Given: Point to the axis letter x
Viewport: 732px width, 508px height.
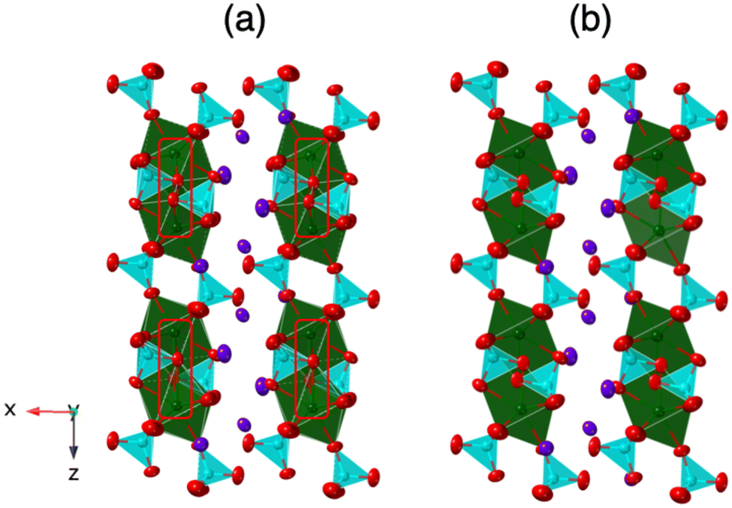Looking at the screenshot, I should pyautogui.click(x=10, y=409).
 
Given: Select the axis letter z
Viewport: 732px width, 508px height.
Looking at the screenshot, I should pyautogui.click(x=74, y=473).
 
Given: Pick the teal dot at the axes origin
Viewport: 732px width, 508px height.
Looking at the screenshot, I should pyautogui.click(x=74, y=410).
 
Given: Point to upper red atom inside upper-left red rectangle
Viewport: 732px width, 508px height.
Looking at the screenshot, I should pyautogui.click(x=178, y=180).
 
